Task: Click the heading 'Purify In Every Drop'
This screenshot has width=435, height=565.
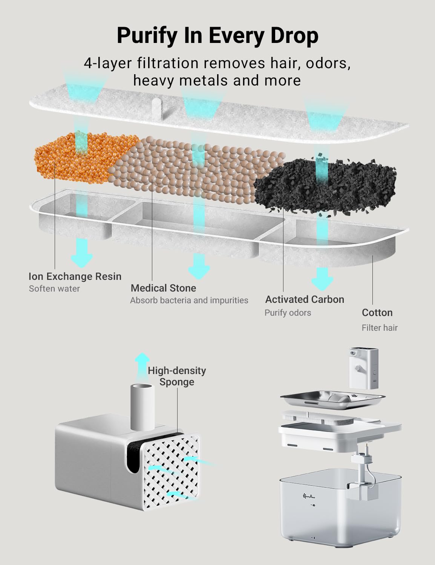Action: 217,36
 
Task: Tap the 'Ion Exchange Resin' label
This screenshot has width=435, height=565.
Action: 75,276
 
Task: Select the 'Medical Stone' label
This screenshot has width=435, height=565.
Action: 163,288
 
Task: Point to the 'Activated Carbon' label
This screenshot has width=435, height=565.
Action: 305,299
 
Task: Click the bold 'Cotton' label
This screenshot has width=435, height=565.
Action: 377,313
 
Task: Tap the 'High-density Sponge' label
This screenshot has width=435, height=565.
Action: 177,377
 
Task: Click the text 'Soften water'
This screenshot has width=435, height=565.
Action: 54,289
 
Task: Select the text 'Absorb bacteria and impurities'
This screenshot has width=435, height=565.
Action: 189,301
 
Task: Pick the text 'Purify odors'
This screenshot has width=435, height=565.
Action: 288,313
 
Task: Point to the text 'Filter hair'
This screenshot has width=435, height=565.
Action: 380,328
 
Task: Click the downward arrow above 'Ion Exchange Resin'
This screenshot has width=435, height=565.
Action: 82,253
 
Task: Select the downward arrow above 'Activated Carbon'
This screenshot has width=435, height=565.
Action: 322,279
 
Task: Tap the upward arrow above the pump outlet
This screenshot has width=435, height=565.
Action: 142,365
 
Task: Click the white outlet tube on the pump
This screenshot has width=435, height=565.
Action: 142,408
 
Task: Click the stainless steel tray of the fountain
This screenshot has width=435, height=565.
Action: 332,400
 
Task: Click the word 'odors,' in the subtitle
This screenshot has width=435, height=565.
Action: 328,63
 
